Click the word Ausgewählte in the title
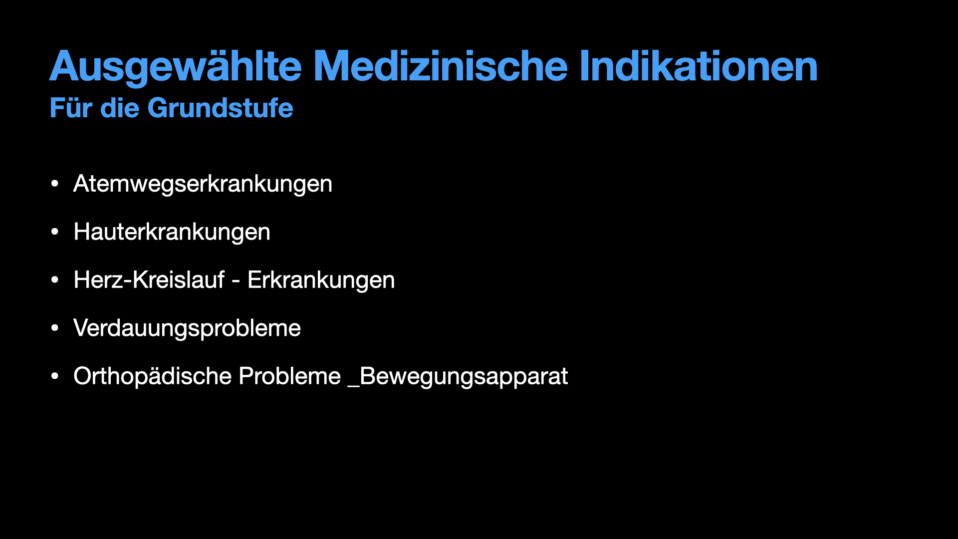pyautogui.click(x=176, y=67)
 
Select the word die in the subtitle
pyautogui.click(x=120, y=108)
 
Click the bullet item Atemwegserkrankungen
pyautogui.click(x=203, y=184)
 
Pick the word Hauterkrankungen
pyautogui.click(x=172, y=232)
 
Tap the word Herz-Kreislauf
pyautogui.click(x=149, y=279)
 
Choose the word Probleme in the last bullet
pyautogui.click(x=289, y=376)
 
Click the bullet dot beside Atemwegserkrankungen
pyautogui.click(x=55, y=184)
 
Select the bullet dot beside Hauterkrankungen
pyautogui.click(x=55, y=232)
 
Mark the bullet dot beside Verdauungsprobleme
pyautogui.click(x=55, y=328)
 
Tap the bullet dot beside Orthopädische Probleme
pyautogui.click(x=55, y=376)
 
